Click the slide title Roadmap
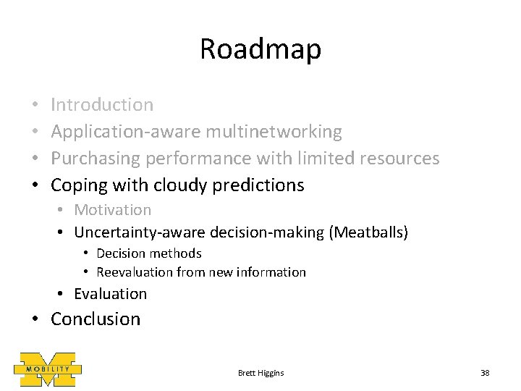(x=260, y=50)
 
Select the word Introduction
(x=102, y=105)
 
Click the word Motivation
(x=113, y=210)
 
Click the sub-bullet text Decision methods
(x=148, y=253)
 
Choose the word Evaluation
(x=110, y=294)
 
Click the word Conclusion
(x=96, y=319)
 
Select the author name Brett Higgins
(x=260, y=372)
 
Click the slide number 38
(x=485, y=372)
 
